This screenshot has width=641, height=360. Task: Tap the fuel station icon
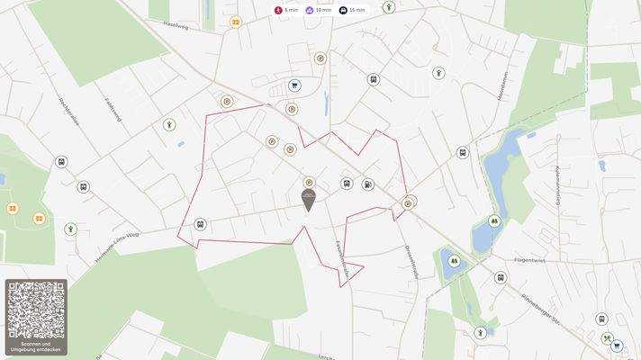pos(367,184)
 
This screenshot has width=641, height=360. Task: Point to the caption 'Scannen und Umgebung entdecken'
pos(36,346)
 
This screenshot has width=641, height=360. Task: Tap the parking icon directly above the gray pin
pos(310,181)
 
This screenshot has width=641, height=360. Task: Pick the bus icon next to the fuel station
pos(347,184)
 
